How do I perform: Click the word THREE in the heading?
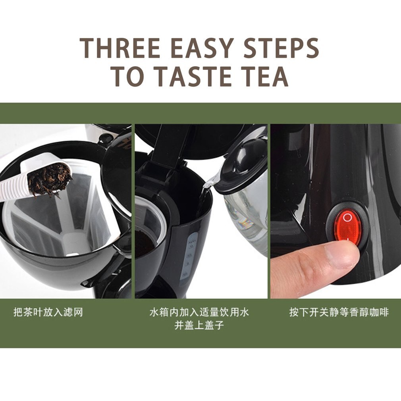click(x=120, y=48)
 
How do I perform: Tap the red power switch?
click(x=348, y=224)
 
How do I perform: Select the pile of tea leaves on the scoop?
click(x=50, y=179)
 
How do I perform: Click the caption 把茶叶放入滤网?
click(x=48, y=312)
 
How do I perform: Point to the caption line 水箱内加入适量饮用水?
click(x=199, y=312)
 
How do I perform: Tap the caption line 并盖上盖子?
click(x=199, y=326)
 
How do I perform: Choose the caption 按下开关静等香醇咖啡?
click(x=339, y=312)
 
